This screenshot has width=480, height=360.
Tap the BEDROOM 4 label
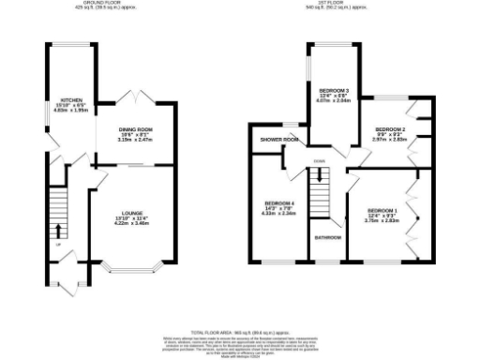point(279,203)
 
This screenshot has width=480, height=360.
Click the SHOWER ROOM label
point(278,141)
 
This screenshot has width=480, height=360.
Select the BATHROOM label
point(326,237)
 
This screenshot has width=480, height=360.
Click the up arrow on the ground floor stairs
point(59,229)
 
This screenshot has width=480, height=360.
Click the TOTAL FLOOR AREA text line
point(238,333)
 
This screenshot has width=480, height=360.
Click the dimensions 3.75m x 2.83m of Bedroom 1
point(382,221)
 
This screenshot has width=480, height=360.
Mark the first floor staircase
point(322,199)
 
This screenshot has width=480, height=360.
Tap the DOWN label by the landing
point(320,160)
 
